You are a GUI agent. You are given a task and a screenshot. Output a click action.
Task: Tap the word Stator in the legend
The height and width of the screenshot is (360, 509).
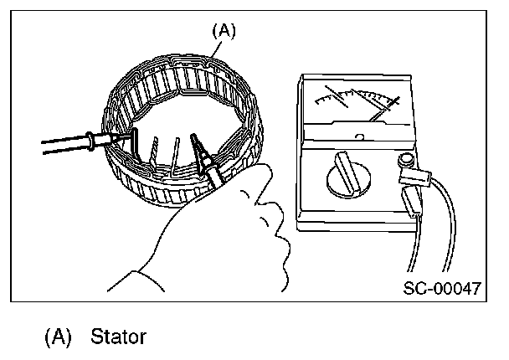[x=118, y=337]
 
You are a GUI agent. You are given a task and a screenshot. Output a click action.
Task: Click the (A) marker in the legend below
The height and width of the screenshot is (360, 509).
[x=59, y=337]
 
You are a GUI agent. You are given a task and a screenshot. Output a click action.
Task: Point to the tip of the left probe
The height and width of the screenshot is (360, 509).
[x=126, y=134]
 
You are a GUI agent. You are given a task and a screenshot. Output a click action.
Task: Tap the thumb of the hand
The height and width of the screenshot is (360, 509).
[x=255, y=177]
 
